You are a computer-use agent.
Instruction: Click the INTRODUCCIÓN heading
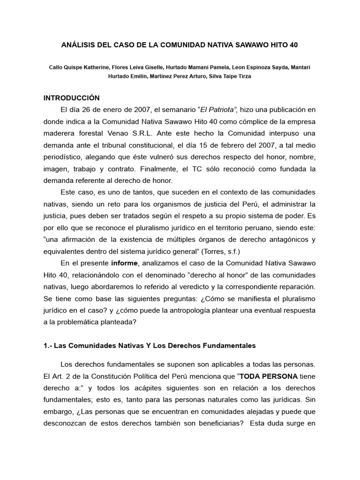[72, 98]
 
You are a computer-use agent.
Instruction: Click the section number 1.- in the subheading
[48, 345]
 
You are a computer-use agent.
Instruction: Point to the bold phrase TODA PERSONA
[267, 375]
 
